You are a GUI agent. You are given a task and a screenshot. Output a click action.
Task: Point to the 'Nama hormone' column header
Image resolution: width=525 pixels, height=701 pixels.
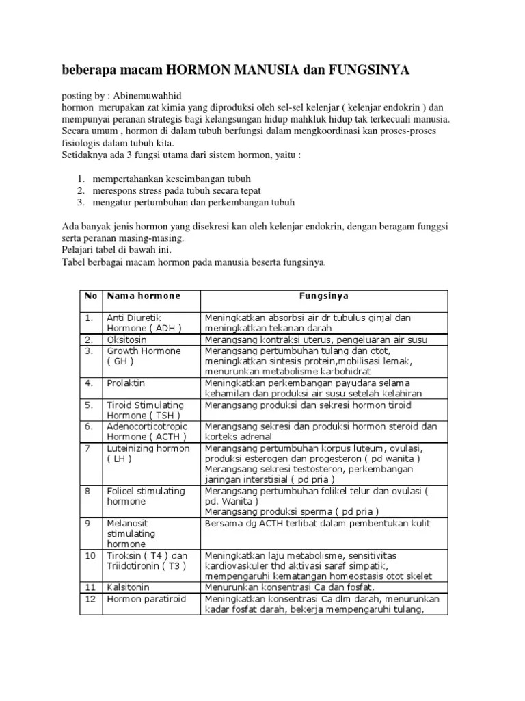coord(144,296)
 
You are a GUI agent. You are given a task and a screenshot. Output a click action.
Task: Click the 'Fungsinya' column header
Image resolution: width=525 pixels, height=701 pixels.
coord(325,296)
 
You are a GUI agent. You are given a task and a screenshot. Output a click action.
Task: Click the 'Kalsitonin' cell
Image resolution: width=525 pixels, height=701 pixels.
coord(128,587)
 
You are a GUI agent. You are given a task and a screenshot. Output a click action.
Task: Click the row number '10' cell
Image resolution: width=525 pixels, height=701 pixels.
coord(91,555)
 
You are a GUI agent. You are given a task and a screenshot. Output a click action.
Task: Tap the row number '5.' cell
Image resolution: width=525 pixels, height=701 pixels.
coord(89,405)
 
